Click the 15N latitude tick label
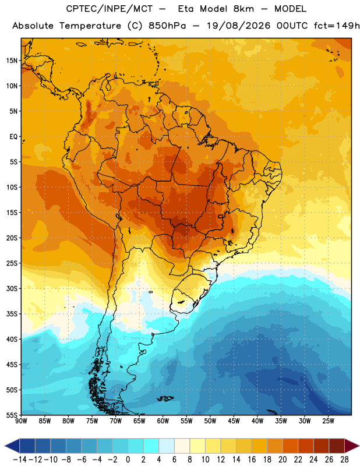[x=12, y=61]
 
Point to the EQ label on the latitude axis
[x=13, y=137]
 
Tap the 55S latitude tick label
[x=12, y=415]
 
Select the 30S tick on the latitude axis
[x=12, y=288]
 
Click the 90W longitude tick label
[x=21, y=421]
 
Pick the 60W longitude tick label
[x=163, y=421]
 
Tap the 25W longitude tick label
[x=328, y=421]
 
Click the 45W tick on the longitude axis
[x=234, y=421]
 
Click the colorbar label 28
[x=344, y=460]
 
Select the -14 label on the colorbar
[x=20, y=460]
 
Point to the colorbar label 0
[x=128, y=460]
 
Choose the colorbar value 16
[x=252, y=460]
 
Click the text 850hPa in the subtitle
[x=167, y=26]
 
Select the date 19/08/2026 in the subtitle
[x=239, y=26]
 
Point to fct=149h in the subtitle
[x=337, y=26]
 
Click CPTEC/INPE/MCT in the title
[x=110, y=9]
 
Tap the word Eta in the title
[x=185, y=9]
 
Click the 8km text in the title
[x=243, y=9]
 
